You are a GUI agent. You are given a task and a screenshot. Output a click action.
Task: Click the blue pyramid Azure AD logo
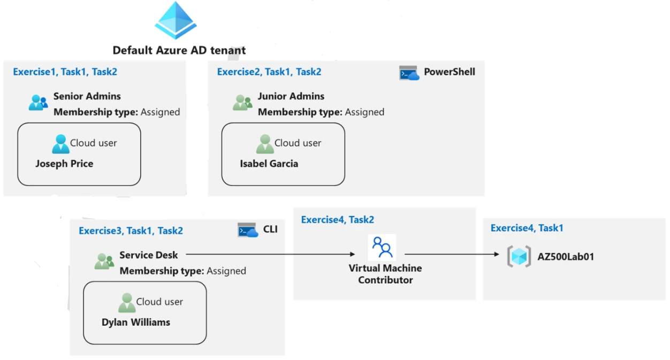[x=176, y=20]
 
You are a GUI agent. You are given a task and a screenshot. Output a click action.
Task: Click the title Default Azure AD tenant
[x=179, y=51]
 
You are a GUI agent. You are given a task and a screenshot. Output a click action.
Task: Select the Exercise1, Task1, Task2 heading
[x=65, y=72]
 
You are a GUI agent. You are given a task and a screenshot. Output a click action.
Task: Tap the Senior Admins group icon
[x=38, y=102]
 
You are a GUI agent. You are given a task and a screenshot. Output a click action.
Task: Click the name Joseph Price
[x=64, y=164]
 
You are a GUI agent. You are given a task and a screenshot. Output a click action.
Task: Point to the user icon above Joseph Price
[x=60, y=144]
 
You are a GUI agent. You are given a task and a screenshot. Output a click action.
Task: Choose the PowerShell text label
[x=449, y=72]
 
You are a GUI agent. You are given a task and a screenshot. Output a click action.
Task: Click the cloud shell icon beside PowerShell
[x=409, y=73]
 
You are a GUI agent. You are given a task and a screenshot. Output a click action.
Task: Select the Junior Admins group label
[x=291, y=96]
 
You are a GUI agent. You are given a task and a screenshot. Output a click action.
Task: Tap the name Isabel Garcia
[x=269, y=164]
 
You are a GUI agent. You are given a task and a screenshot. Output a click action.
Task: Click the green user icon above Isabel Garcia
[x=265, y=144]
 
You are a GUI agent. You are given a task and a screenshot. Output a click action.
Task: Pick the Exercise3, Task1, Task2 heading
[x=131, y=231]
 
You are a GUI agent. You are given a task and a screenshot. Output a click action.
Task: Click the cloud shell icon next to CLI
[x=248, y=231]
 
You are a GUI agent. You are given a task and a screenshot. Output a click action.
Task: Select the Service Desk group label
[x=148, y=255]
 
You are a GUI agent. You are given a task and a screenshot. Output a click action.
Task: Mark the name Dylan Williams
[x=136, y=322]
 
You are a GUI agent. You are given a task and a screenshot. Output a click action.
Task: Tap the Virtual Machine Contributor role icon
[x=383, y=248]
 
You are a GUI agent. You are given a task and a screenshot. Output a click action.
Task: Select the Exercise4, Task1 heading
[x=527, y=228]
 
